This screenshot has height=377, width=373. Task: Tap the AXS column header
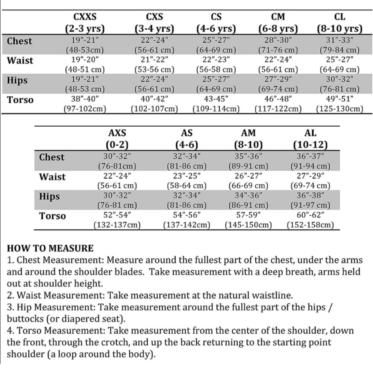(x=117, y=138)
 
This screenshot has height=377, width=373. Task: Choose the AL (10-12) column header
(x=310, y=138)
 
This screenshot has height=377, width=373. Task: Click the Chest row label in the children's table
(x=20, y=41)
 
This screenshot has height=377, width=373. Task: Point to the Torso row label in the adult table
(x=53, y=216)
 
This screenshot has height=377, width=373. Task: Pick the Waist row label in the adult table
(x=53, y=177)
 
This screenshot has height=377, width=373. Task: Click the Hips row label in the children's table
(x=17, y=80)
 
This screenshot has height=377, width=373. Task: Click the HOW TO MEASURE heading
(x=50, y=248)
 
